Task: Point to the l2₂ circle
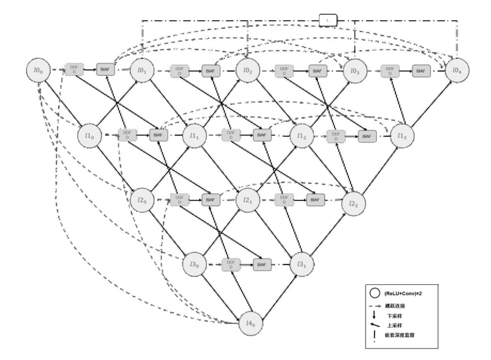[x=354, y=203]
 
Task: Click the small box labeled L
[x=328, y=20]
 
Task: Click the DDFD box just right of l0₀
[x=74, y=70]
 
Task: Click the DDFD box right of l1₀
[x=127, y=135]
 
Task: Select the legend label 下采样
[x=396, y=316]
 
